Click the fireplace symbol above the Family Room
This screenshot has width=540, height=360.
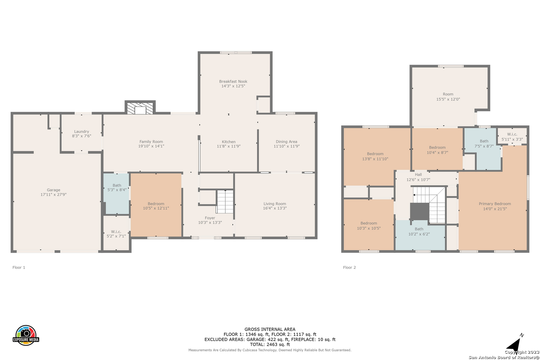140,108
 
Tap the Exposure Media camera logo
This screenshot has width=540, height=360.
26,335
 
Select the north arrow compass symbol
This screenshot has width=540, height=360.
514,343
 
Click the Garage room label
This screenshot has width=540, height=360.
54,190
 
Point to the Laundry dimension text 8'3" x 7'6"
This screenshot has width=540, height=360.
81,136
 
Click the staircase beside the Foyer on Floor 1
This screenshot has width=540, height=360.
225,202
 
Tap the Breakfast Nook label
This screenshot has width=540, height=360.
233,82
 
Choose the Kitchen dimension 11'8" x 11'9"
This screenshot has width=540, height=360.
229,146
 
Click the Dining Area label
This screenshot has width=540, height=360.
286,142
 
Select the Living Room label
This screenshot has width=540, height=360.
275,204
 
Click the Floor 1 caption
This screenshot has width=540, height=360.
19,267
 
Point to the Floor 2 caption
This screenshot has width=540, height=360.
349,267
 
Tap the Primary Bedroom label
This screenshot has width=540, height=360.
495,204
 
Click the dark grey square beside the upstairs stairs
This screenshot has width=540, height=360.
420,211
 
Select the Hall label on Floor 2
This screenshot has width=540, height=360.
418,175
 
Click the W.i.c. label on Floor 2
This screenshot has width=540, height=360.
512,134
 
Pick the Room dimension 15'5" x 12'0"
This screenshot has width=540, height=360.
448,99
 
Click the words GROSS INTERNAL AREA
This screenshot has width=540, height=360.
270,329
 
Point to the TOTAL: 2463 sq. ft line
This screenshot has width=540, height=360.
270,345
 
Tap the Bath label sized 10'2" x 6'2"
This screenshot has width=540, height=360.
419,229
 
